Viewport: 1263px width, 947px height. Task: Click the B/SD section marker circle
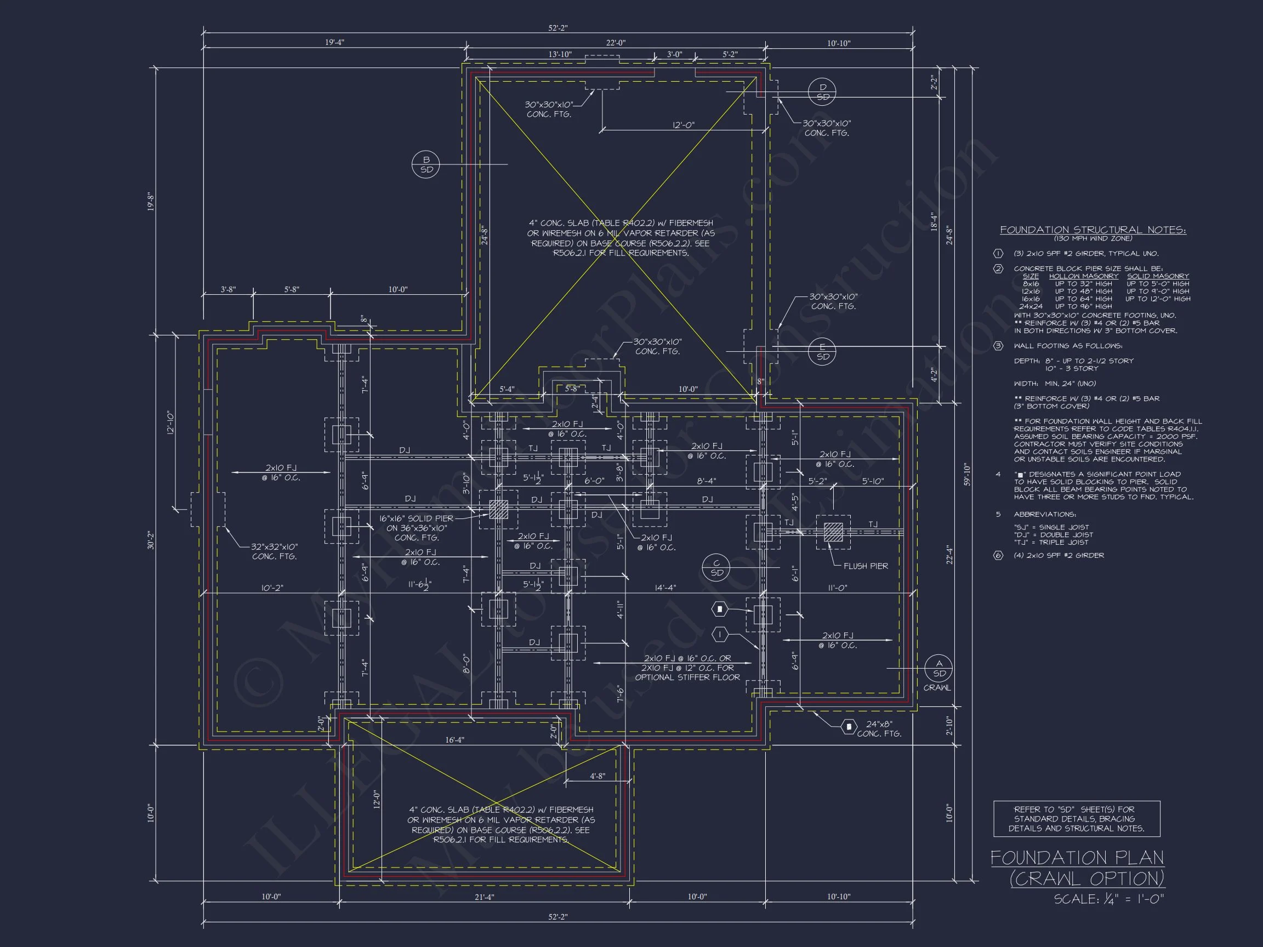click(x=426, y=164)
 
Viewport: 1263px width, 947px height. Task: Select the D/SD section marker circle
click(x=823, y=92)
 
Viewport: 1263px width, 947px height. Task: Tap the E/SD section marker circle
click(x=823, y=352)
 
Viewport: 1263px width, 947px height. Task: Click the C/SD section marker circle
click(x=716, y=568)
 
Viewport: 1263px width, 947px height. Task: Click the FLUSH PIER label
click(x=866, y=566)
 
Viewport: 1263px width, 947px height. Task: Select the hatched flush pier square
click(x=833, y=532)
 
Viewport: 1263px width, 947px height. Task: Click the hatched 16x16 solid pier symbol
click(x=498, y=509)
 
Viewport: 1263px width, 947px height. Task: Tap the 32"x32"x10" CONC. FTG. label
click(x=275, y=551)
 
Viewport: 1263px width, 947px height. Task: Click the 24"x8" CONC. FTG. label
click(x=879, y=728)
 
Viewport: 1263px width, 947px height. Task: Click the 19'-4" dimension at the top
click(x=334, y=42)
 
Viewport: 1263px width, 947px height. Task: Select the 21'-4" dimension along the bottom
click(x=484, y=897)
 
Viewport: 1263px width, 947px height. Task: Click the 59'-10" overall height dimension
click(x=966, y=474)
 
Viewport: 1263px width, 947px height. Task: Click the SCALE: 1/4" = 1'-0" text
click(x=1108, y=899)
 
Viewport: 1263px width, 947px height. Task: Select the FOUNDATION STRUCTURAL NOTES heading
click(x=1093, y=230)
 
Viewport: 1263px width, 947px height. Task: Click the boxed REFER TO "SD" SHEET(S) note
click(x=1076, y=819)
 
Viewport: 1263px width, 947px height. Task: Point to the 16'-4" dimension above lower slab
click(x=454, y=740)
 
